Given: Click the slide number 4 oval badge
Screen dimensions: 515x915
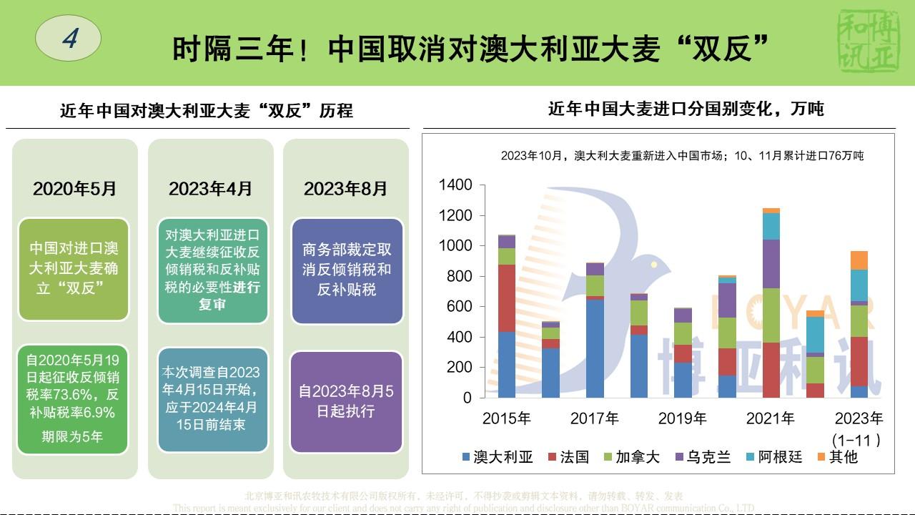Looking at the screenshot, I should point(69,38).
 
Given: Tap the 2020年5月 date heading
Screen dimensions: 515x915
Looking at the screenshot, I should point(74,189).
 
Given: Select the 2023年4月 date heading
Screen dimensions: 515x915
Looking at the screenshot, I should point(210,189).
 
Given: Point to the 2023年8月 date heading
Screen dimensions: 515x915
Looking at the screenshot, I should point(345,189).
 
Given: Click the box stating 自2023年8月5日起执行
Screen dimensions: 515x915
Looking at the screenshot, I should point(346,401).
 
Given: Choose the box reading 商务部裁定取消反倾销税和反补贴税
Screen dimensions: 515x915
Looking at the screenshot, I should point(347,270).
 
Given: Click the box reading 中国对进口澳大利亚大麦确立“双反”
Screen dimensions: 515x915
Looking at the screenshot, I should point(74,268).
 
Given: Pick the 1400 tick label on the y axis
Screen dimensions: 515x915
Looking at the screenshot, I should point(455,185).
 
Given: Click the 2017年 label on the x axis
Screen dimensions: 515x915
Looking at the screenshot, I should point(595,418).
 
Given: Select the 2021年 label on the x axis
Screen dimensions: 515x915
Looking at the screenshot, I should point(771,418).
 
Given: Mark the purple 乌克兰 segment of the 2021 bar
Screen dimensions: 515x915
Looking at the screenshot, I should point(771,263).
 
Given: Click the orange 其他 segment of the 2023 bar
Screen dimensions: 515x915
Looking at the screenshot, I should point(859,260).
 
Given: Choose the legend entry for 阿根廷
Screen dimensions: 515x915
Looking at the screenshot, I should point(774,457).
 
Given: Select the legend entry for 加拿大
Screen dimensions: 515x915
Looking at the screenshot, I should point(631,457).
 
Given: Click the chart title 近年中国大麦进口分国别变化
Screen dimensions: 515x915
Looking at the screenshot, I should point(686,109).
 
